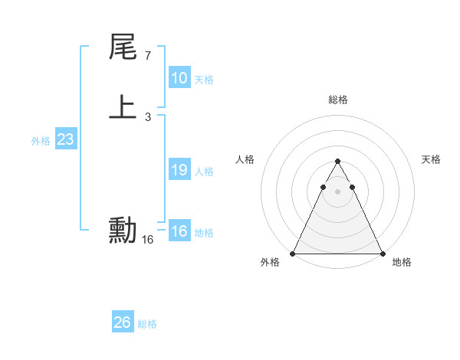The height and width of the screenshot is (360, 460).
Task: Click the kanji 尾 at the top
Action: [123, 48]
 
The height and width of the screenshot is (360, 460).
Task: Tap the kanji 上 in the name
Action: [123, 106]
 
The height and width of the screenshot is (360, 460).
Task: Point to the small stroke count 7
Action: [147, 56]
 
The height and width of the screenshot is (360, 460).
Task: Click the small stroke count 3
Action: [147, 116]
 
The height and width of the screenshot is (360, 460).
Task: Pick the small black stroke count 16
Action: [147, 240]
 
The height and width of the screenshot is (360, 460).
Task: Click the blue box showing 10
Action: [179, 78]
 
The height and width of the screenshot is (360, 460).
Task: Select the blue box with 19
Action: [179, 170]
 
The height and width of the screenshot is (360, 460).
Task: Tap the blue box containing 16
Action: [179, 231]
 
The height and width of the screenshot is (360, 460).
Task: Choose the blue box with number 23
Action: [65, 140]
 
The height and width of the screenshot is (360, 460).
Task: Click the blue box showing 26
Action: [122, 322]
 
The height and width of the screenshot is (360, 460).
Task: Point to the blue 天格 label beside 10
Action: [204, 80]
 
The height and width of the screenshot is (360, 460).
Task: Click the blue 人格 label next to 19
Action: [204, 172]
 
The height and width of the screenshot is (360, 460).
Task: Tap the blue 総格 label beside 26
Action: [147, 324]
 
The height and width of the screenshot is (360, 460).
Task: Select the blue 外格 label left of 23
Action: [41, 141]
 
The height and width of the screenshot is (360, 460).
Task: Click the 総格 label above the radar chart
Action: [337, 100]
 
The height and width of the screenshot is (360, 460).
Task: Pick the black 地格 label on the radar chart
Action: [402, 262]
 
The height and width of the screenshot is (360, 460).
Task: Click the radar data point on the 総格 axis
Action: [337, 162]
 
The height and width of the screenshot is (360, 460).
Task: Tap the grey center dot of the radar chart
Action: [337, 191]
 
